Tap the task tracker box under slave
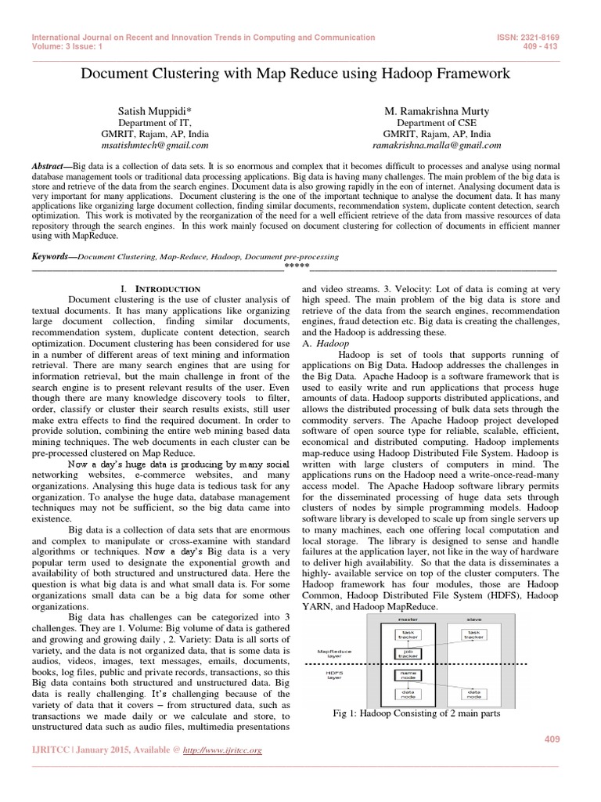pyautogui.click(x=473, y=633)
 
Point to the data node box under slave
pyautogui.click(x=473, y=694)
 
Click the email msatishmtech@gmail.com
pyautogui.click(x=162, y=145)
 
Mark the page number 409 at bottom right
pyautogui.click(x=552, y=740)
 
